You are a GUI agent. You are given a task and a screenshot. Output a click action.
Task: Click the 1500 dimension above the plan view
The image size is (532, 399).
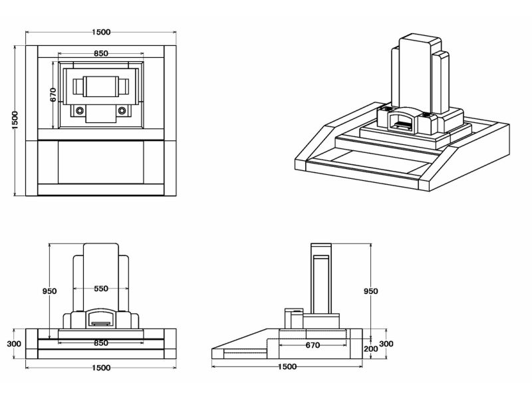coord(101,32)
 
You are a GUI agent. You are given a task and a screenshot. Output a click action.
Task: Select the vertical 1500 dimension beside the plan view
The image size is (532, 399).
coord(15,120)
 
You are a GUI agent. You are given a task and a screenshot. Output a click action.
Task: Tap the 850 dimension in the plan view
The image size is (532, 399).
coord(101,53)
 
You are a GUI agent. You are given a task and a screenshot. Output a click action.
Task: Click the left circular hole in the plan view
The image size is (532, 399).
coord(80,110)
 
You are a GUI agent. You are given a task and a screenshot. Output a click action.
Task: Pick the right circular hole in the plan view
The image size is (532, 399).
coord(122,110)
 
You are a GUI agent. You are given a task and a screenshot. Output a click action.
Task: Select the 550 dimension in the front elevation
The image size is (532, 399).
coord(101,289)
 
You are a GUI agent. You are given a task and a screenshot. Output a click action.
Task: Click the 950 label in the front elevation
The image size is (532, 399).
coord(49,291)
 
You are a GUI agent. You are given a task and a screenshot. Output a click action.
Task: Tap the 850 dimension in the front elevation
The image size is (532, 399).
coord(101,343)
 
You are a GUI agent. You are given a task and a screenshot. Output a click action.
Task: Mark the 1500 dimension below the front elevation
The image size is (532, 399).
coord(101,368)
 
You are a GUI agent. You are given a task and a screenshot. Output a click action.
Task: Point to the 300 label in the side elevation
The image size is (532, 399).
coord(386,344)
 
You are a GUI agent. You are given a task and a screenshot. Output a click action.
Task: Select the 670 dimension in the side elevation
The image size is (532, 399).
coord(313,345)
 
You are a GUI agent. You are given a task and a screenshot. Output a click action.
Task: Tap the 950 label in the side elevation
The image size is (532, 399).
coord(371,291)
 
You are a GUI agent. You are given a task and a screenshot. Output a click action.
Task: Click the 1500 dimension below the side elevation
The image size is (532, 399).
coord(287,367)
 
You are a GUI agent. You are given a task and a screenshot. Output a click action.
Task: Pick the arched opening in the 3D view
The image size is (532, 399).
coord(401,121)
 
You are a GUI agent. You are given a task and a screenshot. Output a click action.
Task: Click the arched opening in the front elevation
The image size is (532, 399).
coord(101,317)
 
